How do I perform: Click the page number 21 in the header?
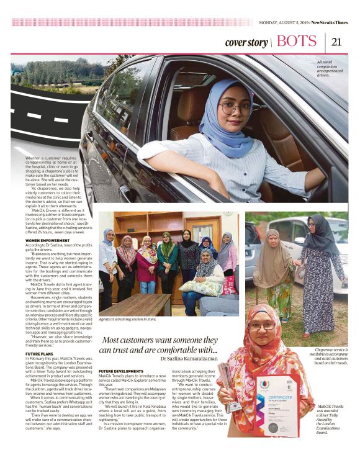(337, 42)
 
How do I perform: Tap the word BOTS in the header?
(297, 42)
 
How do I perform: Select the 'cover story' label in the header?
(246, 43)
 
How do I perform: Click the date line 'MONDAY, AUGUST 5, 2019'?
(283, 23)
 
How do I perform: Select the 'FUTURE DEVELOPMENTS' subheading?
(120, 371)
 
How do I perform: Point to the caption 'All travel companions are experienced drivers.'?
(331, 68)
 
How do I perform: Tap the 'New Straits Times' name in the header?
(330, 23)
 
